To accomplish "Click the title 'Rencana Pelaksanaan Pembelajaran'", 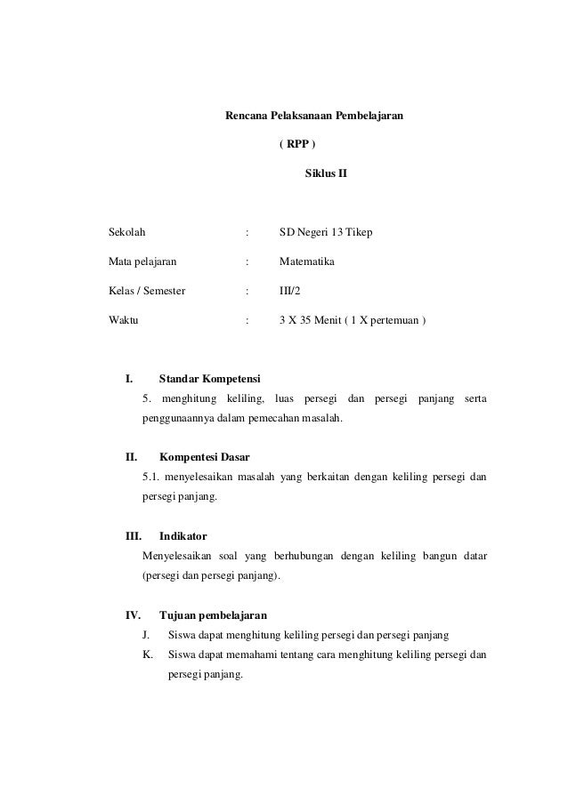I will pos(312,116).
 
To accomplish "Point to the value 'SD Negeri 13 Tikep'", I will pos(326,233).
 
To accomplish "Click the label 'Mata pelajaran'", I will pos(142,262).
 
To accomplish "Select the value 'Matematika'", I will pos(307,262).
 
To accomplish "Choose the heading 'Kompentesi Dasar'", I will pos(204,459).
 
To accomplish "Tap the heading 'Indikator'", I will pos(183,536).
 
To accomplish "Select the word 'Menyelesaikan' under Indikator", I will pos(174,556).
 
